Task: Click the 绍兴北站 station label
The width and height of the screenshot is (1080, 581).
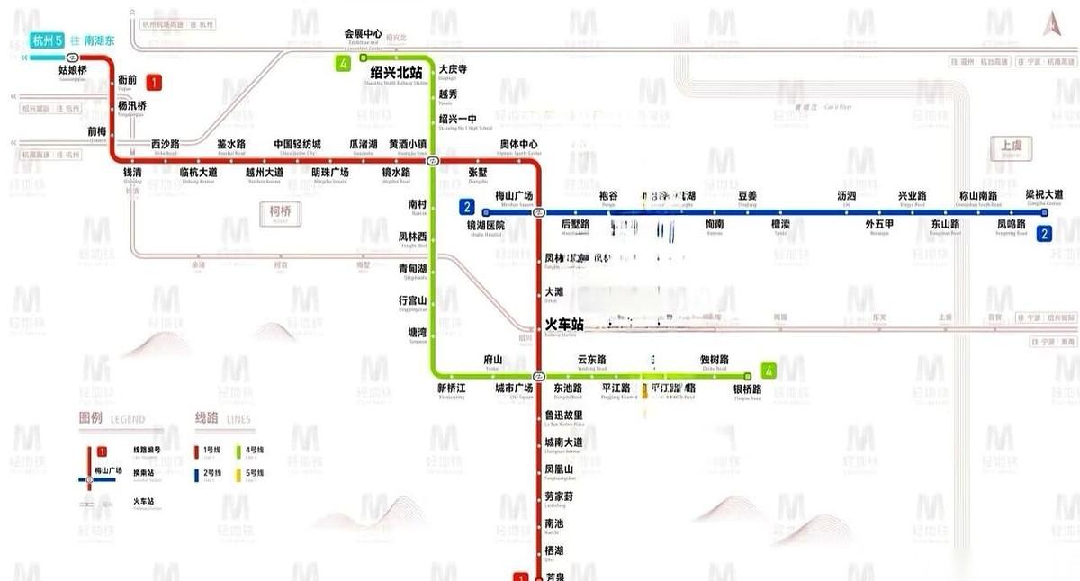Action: [x=396, y=72]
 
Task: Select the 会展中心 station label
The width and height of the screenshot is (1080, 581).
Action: [x=364, y=34]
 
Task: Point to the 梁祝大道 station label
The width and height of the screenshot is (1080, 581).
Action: [x=1044, y=194]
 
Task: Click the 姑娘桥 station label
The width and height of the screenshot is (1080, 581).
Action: [x=73, y=69]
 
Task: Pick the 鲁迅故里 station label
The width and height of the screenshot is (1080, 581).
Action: [x=564, y=415]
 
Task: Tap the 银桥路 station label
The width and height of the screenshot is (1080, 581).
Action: [x=748, y=389]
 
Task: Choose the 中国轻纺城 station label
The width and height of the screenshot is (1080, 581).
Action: [x=297, y=145]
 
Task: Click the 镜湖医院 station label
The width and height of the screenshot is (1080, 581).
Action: [x=485, y=225]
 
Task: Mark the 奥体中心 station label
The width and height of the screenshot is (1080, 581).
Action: [x=519, y=145]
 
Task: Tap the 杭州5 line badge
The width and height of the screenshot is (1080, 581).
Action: [x=48, y=40]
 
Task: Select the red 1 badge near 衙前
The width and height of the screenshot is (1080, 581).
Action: [x=155, y=83]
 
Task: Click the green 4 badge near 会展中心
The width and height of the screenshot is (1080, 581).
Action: [x=343, y=63]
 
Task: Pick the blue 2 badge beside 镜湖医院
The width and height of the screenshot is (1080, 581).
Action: [x=467, y=207]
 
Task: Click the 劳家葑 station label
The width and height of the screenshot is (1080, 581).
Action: [x=559, y=496]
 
